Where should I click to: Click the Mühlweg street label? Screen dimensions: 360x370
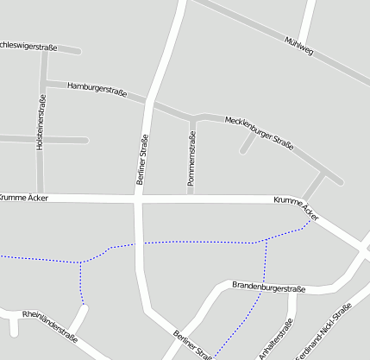click(x=298, y=47)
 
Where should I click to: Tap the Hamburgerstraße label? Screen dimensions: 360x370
click(x=97, y=88)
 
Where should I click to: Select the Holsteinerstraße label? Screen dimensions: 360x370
click(x=41, y=122)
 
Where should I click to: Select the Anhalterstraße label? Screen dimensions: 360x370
click(x=276, y=338)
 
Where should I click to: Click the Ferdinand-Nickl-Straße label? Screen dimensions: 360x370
click(x=323, y=332)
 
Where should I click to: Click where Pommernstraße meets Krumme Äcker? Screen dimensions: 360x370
click(x=191, y=199)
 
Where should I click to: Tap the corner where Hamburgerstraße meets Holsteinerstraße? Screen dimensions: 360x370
click(x=43, y=83)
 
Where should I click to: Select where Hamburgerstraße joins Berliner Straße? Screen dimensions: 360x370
click(x=152, y=102)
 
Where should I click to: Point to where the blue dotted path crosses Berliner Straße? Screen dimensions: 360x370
click(x=138, y=244)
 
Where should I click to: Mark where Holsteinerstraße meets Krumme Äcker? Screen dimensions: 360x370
click(x=41, y=198)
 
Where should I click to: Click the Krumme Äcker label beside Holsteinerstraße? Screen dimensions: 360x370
click(x=24, y=198)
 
